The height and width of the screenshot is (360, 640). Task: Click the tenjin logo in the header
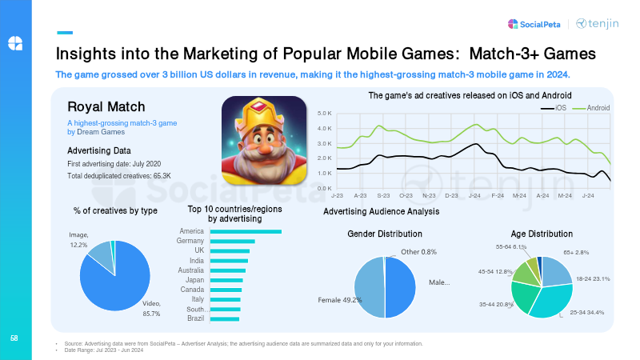pos(597,24)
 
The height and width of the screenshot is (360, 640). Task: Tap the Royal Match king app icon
pos(264,142)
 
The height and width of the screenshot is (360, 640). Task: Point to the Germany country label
pos(191,241)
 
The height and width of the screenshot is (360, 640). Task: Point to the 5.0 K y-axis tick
pos(324,114)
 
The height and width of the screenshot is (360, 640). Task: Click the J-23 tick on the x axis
pos(337,195)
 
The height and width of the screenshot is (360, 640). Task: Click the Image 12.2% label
pos(79,239)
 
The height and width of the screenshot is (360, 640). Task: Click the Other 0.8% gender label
pos(418,252)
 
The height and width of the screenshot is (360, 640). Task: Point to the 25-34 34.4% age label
pos(586,311)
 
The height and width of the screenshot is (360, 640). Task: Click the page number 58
pos(14,338)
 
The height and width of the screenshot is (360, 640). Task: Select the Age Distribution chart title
pos(542,234)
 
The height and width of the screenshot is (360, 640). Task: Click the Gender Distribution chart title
pos(384,234)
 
